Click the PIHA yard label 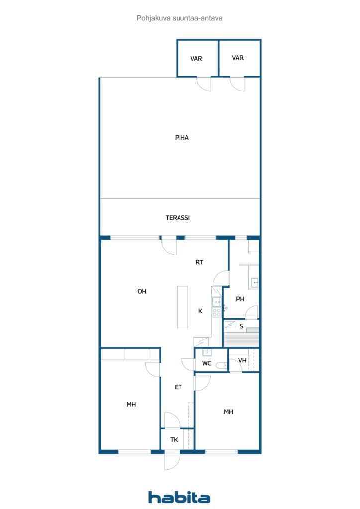(181, 138)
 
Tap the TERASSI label (178, 218)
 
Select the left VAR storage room (197, 58)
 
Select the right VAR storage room (240, 58)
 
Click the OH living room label (142, 291)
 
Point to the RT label (199, 262)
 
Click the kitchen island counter (182, 307)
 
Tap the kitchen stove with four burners (216, 312)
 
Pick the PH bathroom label (240, 299)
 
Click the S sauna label (241, 326)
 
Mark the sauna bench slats (241, 339)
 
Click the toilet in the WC (222, 366)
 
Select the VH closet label (242, 361)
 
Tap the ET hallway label (178, 387)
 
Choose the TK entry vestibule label (174, 440)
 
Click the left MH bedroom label (131, 405)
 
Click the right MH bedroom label (229, 412)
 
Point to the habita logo (179, 497)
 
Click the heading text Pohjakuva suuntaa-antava (180, 18)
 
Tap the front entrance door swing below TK (172, 460)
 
